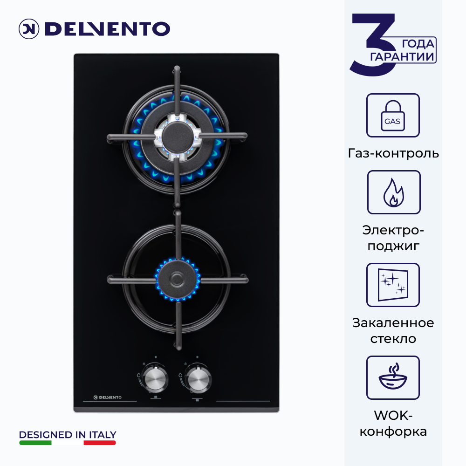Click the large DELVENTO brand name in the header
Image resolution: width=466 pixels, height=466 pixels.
tap(107, 29)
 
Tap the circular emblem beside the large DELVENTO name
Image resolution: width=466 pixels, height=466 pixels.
tap(29, 29)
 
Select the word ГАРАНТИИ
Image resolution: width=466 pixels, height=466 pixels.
tap(402, 56)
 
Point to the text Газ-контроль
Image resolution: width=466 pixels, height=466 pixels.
tap(393, 153)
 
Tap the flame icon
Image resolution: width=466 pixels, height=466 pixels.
tap(393, 192)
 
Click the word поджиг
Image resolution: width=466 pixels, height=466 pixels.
tap(393, 247)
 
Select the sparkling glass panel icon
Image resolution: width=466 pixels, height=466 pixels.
tap(393, 285)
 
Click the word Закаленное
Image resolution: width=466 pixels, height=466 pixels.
tap(393, 323)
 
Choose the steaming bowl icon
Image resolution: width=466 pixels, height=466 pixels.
tap(393, 376)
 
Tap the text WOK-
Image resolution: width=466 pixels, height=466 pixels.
tap(393, 415)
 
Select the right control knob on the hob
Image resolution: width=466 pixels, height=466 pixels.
tap(198, 379)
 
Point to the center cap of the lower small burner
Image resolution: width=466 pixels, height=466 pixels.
tap(178, 279)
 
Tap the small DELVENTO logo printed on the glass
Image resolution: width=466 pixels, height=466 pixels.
tap(107, 397)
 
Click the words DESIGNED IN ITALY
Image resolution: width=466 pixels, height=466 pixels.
tap(68, 435)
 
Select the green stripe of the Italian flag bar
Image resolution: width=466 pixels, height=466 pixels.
tap(35, 443)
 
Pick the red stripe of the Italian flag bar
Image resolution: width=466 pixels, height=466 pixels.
tap(100, 443)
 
